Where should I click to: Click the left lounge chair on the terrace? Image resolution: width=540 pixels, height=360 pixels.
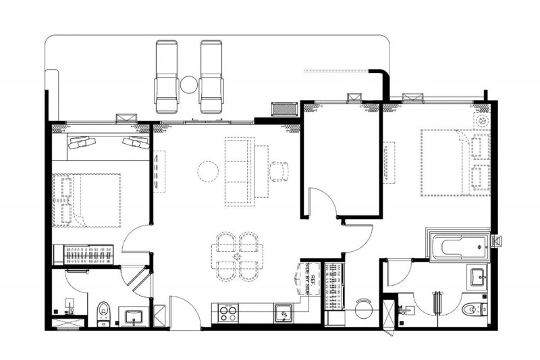tap(167, 76)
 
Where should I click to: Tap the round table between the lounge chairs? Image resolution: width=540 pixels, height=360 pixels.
tap(189, 84)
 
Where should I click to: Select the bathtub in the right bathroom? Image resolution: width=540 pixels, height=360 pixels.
tap(460, 247)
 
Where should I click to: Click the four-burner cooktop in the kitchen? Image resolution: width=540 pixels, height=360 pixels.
tap(228, 313)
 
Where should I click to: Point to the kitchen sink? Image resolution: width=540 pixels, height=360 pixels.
tap(284, 313)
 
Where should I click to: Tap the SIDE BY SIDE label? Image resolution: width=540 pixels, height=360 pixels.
tap(308, 279)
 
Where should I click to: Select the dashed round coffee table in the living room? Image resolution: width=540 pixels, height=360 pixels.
tap(208, 171)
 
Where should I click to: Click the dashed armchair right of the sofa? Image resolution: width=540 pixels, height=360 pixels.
tap(279, 171)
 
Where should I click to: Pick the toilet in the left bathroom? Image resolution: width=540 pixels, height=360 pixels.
tap(103, 313)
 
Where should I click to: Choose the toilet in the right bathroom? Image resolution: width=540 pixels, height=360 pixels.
tap(475, 309)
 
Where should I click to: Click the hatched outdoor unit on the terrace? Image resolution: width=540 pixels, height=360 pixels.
tap(284, 109)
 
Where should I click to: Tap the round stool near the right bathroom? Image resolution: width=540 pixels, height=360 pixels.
tap(364, 309)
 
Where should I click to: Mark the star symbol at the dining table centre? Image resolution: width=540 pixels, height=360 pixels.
tap(237, 257)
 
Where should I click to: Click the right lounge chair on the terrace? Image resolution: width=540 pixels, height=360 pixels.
tap(211, 76)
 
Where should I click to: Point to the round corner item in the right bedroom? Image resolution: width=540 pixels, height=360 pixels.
tap(481, 121)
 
